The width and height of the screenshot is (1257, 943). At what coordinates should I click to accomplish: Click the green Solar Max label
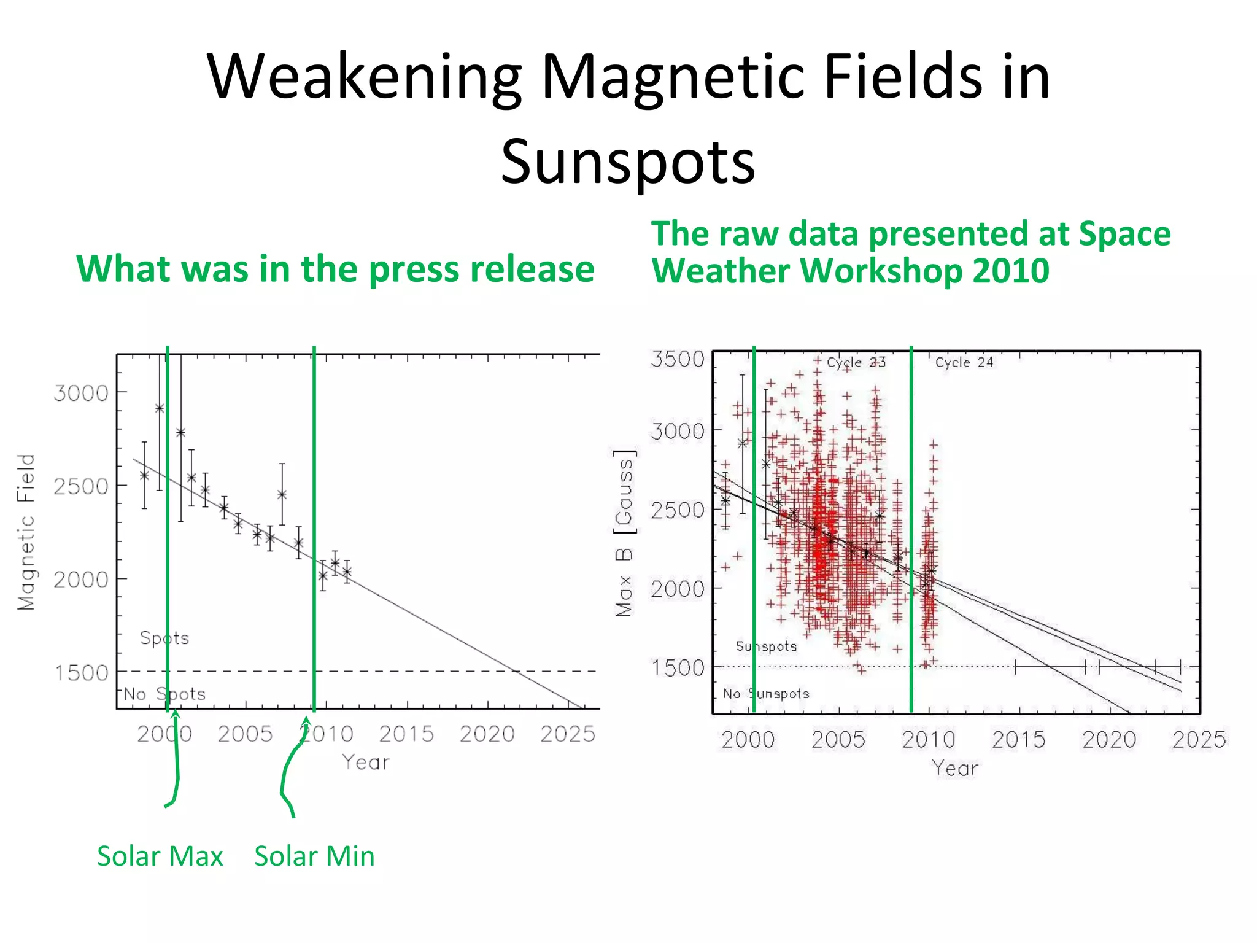click(x=160, y=856)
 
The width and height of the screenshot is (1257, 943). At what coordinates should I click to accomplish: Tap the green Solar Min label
click(x=314, y=856)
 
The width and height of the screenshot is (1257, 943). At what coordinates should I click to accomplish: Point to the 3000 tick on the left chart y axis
click(x=81, y=393)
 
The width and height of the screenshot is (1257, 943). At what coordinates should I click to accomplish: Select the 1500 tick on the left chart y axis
click(x=81, y=673)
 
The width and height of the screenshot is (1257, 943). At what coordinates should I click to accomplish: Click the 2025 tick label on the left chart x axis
click(x=568, y=734)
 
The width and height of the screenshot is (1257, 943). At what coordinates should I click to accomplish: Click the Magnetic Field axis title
click(x=26, y=532)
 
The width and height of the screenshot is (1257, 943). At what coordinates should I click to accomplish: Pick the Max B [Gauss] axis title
click(x=624, y=533)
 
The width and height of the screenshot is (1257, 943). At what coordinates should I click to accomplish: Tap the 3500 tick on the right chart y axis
click(x=678, y=359)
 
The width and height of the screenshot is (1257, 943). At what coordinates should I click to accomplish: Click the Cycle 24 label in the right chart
click(x=964, y=362)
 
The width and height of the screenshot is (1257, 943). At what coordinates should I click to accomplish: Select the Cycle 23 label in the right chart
click(x=856, y=362)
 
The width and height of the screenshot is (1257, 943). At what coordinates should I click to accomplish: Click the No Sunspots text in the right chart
click(x=766, y=694)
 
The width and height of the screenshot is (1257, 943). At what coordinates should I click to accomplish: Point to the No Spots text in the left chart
click(x=164, y=694)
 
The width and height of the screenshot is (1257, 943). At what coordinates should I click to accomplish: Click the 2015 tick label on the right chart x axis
click(x=1019, y=740)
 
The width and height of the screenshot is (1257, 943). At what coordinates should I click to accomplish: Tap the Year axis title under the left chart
click(x=366, y=763)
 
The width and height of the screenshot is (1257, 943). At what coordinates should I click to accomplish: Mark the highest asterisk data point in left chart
click(x=160, y=408)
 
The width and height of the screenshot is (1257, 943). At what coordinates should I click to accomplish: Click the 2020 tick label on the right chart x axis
click(x=1109, y=740)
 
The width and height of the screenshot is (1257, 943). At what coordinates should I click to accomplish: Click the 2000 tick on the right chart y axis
click(x=678, y=589)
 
